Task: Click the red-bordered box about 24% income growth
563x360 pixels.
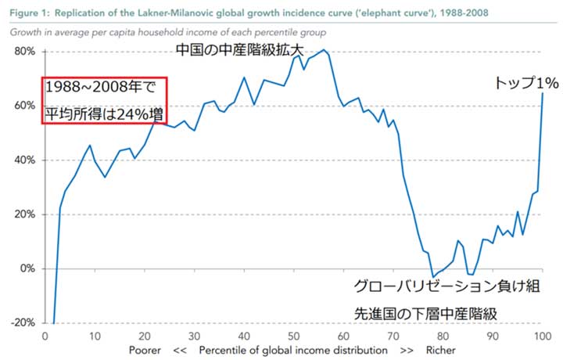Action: click(x=106, y=100)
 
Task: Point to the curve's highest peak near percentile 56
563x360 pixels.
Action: click(x=325, y=50)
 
